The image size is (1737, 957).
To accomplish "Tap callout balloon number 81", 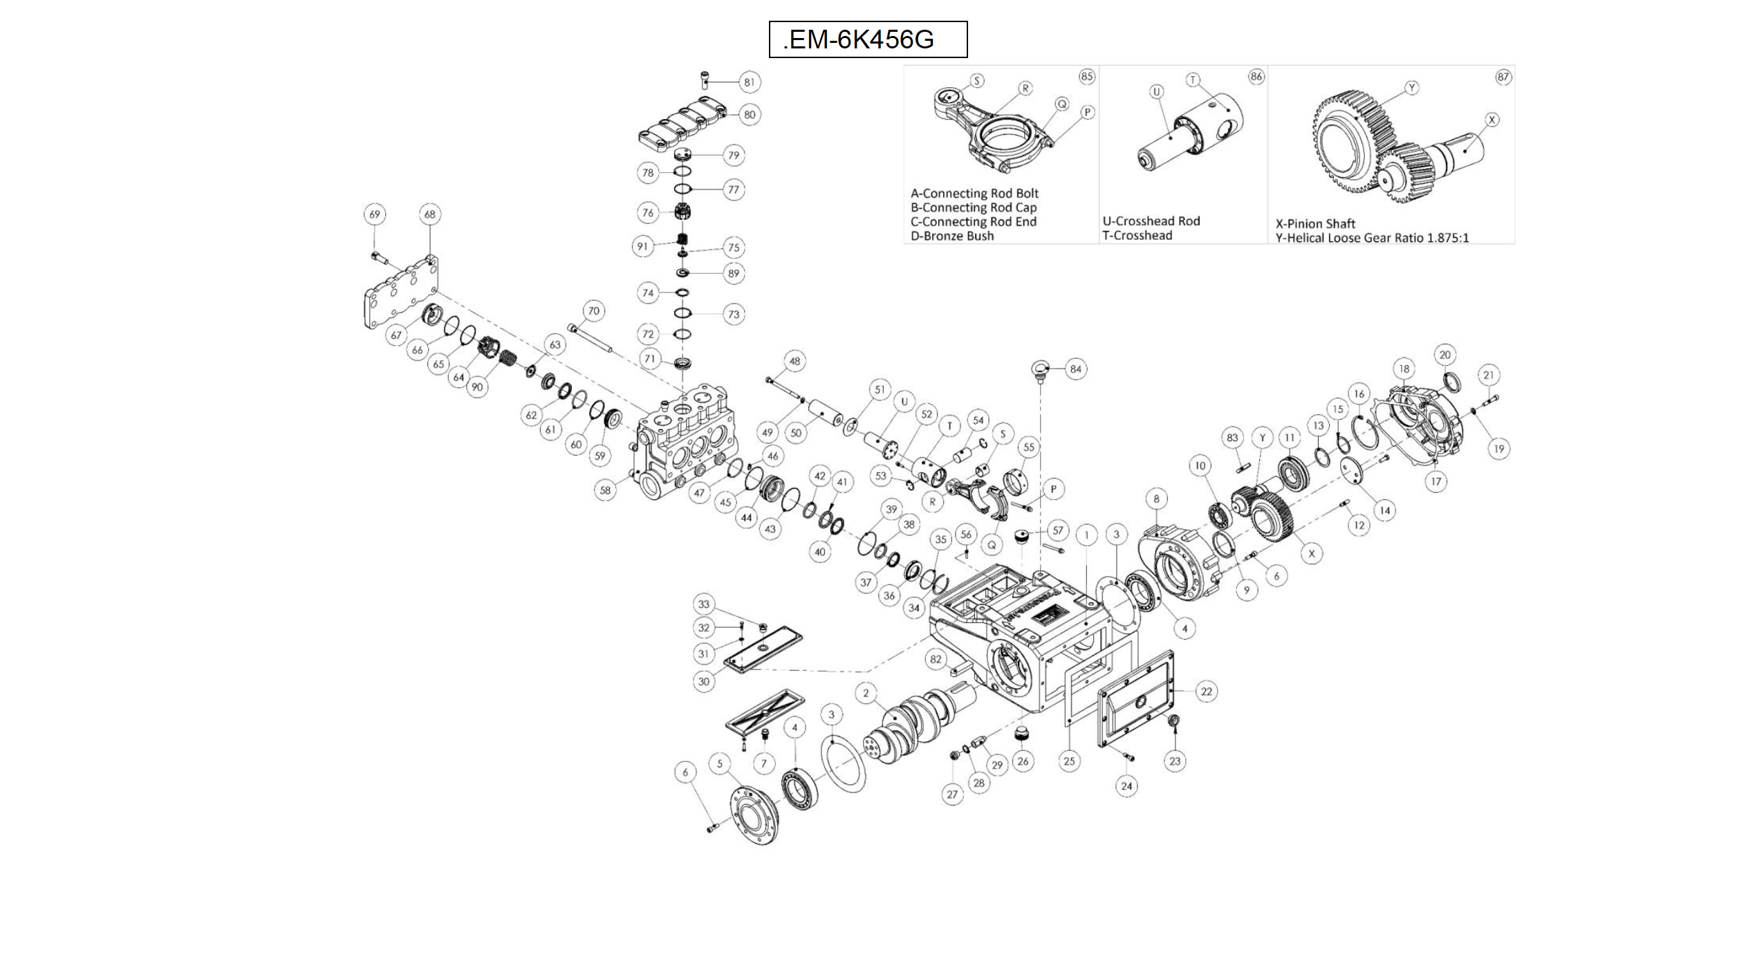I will coord(750,82).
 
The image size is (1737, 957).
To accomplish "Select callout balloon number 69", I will coord(374,214).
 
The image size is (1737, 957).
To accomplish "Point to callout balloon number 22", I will coord(1206,691).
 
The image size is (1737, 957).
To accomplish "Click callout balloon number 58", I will coord(605,490).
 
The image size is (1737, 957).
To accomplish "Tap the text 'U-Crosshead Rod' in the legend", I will coord(1151,221).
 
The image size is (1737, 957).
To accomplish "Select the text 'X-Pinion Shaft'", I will coord(1315,224).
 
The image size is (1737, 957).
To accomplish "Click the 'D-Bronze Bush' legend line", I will coord(951,236).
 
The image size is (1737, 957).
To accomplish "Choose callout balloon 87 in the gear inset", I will coord(1503,77).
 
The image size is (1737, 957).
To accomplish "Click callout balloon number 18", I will coord(1404,369).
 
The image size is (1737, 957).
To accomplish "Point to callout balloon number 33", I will coord(703,604).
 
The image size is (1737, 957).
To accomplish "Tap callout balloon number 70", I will coord(593,311).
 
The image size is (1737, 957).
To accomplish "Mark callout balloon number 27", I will coord(952,794).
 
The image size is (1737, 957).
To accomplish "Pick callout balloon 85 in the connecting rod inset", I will coord(1086,76).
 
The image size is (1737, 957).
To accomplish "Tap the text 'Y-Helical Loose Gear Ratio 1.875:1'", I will coord(1372,238).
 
